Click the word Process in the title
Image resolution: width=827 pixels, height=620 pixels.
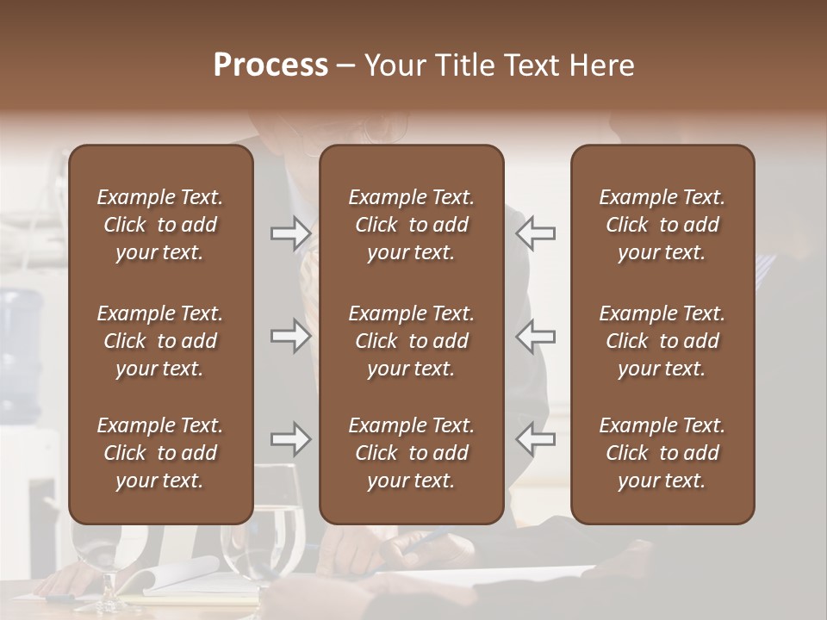click(x=270, y=65)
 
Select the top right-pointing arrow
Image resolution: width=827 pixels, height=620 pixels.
click(x=290, y=232)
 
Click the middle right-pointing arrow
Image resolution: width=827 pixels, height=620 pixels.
click(x=290, y=336)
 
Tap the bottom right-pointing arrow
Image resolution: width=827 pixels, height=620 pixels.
click(x=290, y=440)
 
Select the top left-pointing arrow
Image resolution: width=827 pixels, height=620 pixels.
click(x=536, y=232)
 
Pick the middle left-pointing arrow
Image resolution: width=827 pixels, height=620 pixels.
click(x=536, y=336)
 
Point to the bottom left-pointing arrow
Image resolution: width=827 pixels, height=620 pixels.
click(x=536, y=440)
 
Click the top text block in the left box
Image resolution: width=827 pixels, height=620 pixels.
click(x=160, y=225)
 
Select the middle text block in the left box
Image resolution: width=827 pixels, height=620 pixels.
click(x=160, y=341)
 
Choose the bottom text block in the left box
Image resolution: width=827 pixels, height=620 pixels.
click(x=160, y=453)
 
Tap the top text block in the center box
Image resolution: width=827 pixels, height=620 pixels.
click(x=411, y=225)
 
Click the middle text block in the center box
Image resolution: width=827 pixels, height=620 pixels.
click(x=411, y=341)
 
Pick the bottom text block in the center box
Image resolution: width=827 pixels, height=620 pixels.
click(x=411, y=453)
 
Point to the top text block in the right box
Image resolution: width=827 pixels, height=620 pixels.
click(x=662, y=225)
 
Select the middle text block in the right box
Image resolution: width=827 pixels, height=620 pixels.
click(x=662, y=341)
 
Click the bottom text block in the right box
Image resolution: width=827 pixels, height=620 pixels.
click(x=662, y=453)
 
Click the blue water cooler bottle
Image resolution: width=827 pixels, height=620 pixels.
click(x=22, y=344)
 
